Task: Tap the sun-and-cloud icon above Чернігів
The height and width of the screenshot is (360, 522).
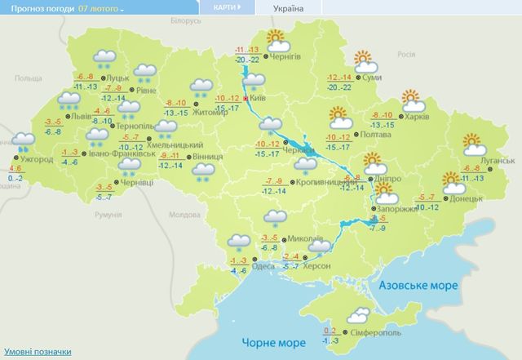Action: pos(275,38)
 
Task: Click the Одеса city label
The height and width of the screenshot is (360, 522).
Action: pos(264,267)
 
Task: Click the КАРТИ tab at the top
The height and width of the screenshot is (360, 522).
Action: pos(227,7)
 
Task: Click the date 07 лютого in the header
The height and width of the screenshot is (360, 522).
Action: pos(101,7)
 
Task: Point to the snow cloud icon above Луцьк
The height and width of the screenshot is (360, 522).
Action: pos(103,57)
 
